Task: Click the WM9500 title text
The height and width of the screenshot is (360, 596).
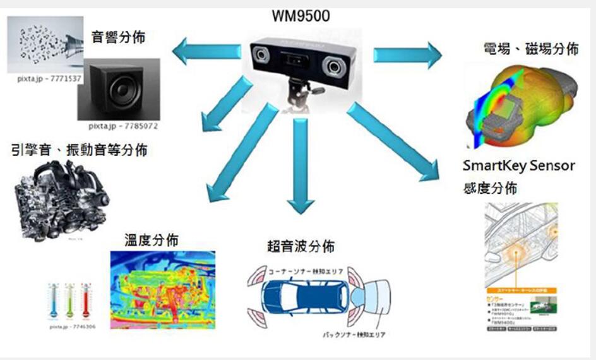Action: click(301, 16)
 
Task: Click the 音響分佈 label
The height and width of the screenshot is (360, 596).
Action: click(118, 37)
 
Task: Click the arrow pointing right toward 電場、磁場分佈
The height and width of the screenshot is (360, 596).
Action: click(407, 54)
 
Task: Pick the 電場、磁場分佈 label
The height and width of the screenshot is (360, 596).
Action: click(530, 49)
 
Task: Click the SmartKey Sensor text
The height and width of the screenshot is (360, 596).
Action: click(518, 165)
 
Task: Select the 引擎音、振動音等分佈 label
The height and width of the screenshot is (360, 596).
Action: click(80, 150)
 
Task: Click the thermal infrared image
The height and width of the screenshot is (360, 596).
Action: click(162, 288)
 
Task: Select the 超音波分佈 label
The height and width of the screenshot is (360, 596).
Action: click(301, 246)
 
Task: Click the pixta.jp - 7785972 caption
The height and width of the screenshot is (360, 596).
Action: click(123, 126)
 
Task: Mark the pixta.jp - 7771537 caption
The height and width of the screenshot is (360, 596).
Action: click(49, 79)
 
